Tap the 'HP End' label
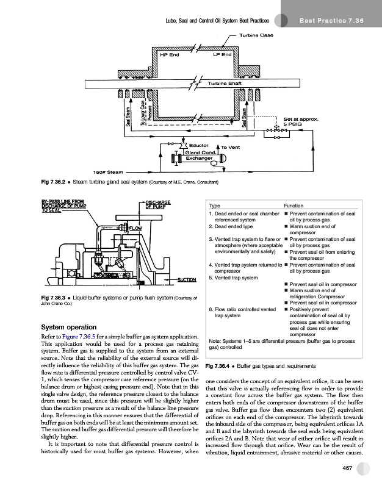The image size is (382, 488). click(x=169, y=55)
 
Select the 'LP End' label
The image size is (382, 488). click(x=222, y=55)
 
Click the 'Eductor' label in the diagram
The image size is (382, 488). click(x=200, y=145)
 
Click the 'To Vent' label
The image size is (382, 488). click(x=231, y=148)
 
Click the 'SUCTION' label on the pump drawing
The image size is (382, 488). click(x=186, y=280)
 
